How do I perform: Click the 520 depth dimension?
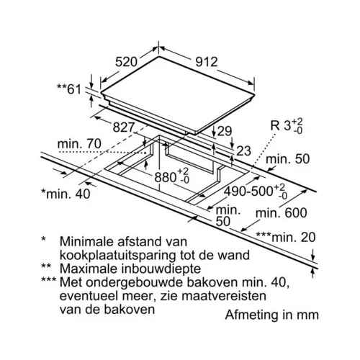(126, 62)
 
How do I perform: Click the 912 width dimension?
(207, 62)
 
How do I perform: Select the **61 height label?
(69, 89)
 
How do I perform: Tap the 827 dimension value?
(123, 127)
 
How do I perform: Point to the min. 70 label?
(79, 144)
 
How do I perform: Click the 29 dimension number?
(225, 131)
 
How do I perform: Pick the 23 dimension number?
(243, 151)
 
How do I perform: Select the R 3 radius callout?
(287, 125)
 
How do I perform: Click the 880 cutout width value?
(172, 176)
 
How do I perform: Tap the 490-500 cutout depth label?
(256, 191)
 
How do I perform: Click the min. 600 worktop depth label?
(282, 213)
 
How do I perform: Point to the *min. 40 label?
(66, 194)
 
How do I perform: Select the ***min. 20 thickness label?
(286, 238)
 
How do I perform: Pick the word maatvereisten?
(224, 296)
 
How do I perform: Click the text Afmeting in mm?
(272, 315)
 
